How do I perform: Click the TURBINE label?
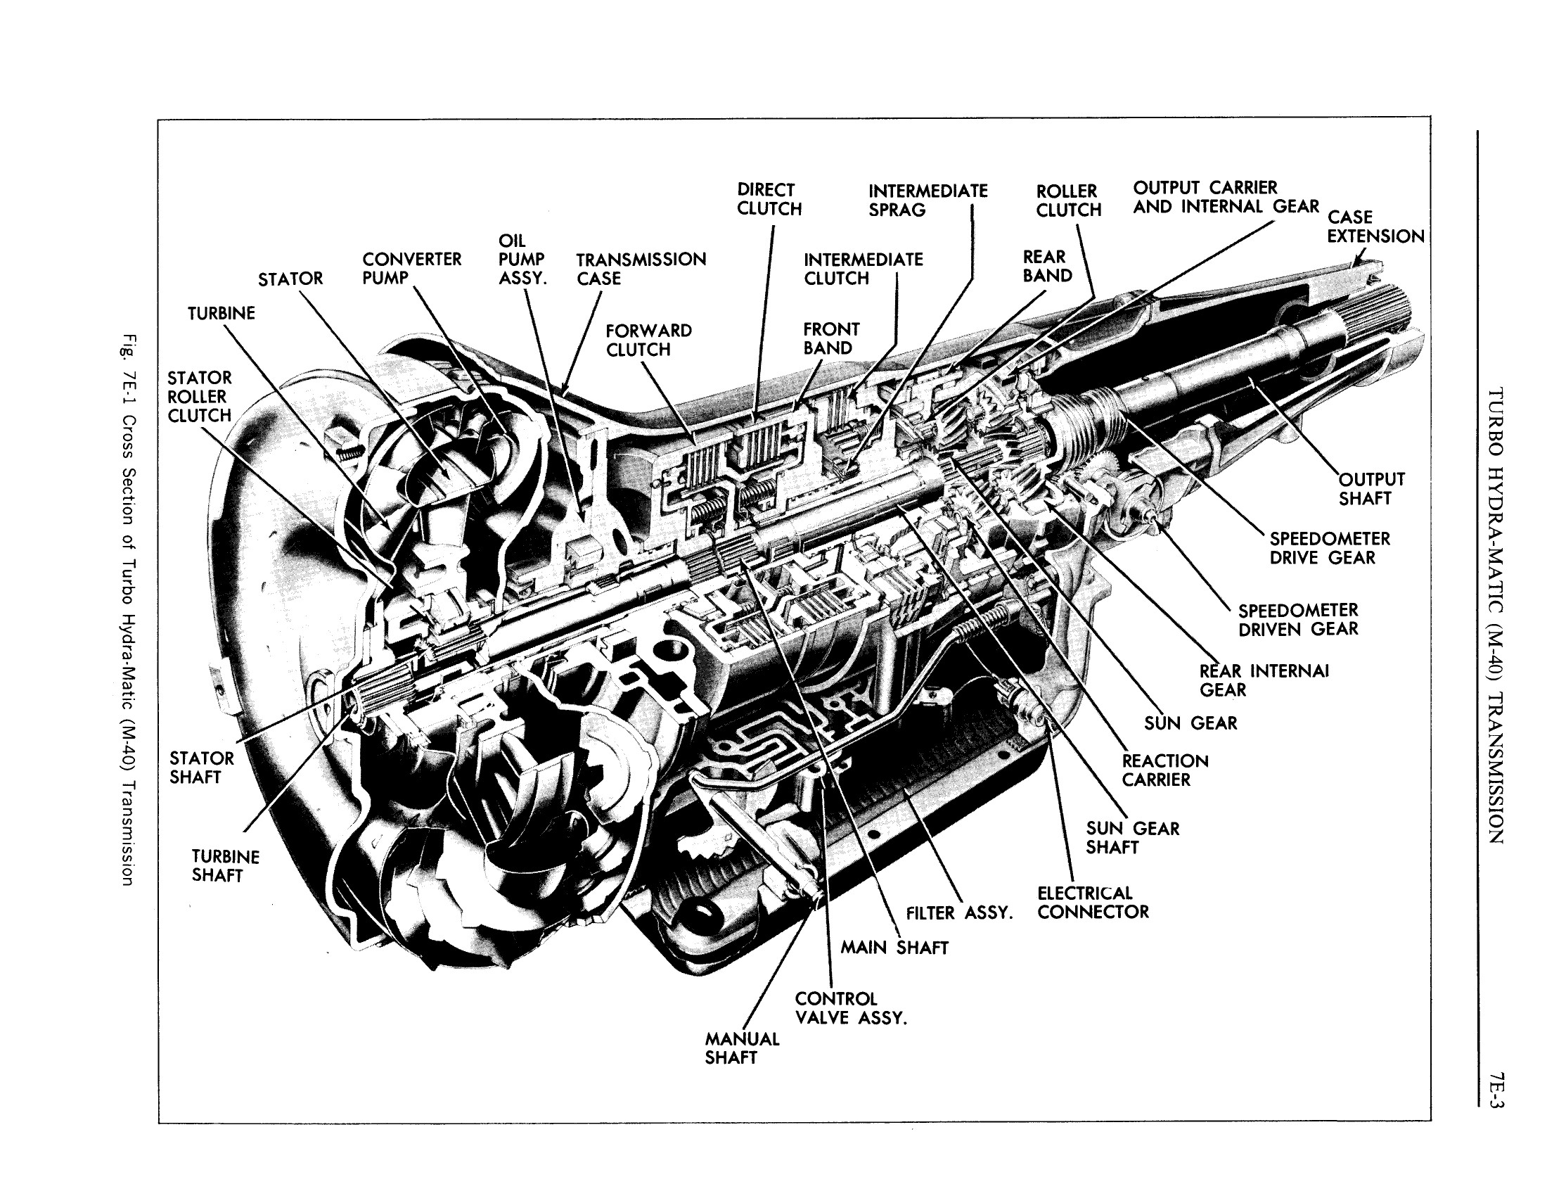click(x=221, y=313)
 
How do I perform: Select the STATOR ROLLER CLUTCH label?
click(x=200, y=397)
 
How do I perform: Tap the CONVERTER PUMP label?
click(x=411, y=269)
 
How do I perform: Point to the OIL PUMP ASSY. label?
click(x=522, y=260)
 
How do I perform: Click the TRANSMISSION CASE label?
click(x=641, y=269)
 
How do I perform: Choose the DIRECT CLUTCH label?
click(x=769, y=199)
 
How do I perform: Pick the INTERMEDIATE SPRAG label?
click(x=927, y=201)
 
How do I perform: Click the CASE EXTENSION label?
click(x=1375, y=227)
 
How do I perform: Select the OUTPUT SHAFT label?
click(x=1371, y=489)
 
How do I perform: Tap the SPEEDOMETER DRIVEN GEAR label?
click(x=1297, y=620)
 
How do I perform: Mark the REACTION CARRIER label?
click(x=1164, y=770)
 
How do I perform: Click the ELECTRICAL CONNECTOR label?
click(x=1092, y=903)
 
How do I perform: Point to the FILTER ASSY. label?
click(x=959, y=913)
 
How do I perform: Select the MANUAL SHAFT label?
click(x=741, y=1048)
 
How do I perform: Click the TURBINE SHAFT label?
click(x=225, y=866)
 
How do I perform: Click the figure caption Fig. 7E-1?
click(x=127, y=609)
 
